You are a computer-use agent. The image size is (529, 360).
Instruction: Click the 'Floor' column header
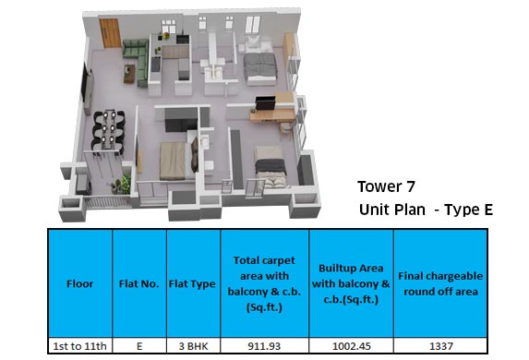click(79, 284)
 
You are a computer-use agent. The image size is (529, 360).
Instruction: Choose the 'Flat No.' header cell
click(138, 284)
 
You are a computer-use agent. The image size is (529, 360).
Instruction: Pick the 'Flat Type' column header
click(191, 284)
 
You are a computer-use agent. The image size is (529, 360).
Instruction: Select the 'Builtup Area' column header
click(350, 284)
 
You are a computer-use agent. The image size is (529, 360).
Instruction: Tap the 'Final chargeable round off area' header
click(439, 284)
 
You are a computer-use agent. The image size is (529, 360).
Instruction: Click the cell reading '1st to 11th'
click(79, 346)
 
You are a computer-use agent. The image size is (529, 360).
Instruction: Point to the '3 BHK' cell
click(191, 346)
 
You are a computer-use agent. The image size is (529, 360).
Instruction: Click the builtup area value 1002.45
click(350, 346)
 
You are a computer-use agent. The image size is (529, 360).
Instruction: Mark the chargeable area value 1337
click(439, 346)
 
